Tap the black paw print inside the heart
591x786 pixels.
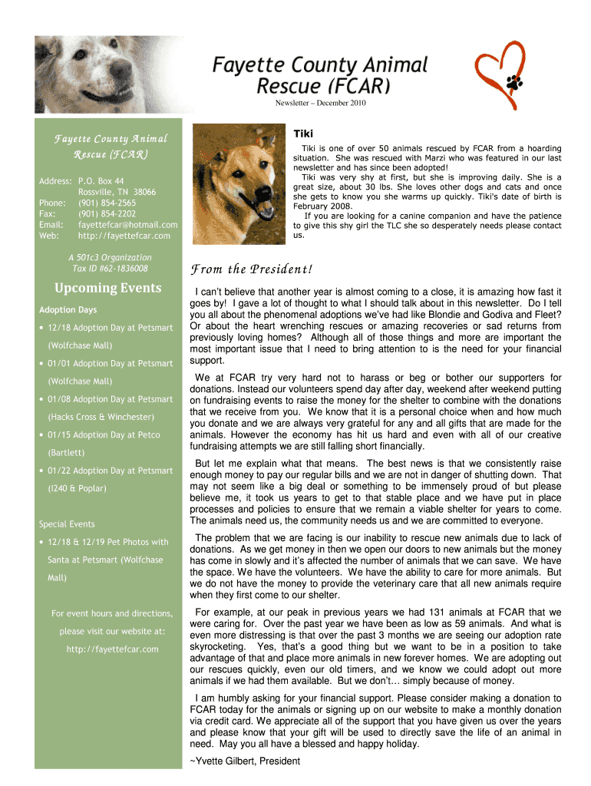coord(513,80)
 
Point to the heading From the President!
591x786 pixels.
coord(250,269)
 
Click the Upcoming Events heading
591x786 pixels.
coord(108,288)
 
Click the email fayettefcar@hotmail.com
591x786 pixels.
coord(127,224)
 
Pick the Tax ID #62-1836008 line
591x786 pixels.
coord(109,269)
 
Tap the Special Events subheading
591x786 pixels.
coord(67,524)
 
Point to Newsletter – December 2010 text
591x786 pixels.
coord(320,103)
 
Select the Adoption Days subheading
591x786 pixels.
coord(68,310)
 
